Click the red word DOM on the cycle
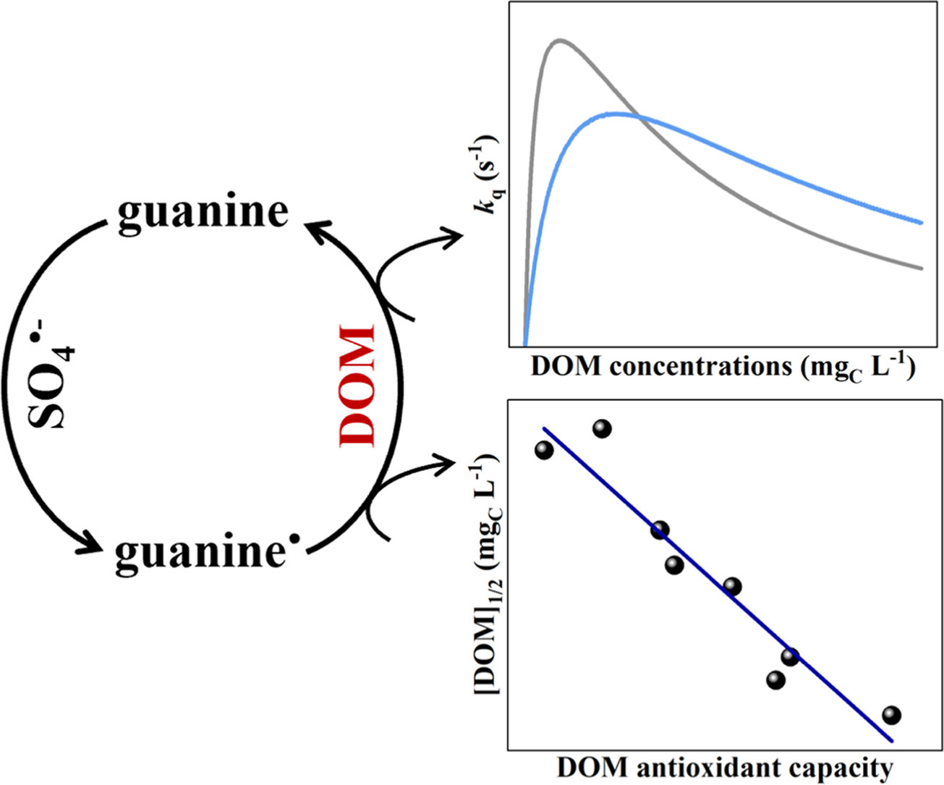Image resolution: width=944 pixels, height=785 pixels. click(x=357, y=386)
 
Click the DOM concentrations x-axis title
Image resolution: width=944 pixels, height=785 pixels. click(x=723, y=368)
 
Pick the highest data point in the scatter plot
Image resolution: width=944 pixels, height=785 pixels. click(x=602, y=429)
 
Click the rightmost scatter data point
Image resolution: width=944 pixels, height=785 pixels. click(x=891, y=716)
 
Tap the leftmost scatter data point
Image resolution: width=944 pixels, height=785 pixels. click(x=544, y=450)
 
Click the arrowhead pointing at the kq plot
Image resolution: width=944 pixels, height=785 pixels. click(x=454, y=237)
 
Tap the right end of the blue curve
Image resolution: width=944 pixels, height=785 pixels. click(x=922, y=222)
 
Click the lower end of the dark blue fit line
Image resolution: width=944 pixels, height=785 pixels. click(x=891, y=740)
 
